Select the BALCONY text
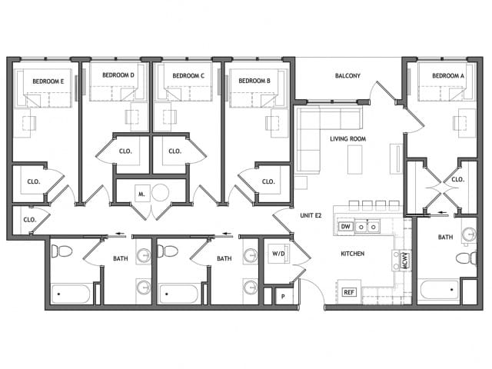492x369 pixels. [x=347, y=75]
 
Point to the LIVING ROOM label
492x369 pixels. [x=347, y=138]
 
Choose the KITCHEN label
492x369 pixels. [x=353, y=253]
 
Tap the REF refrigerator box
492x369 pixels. [x=348, y=291]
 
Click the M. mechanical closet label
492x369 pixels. [x=141, y=193]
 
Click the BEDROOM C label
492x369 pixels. [x=188, y=75]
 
